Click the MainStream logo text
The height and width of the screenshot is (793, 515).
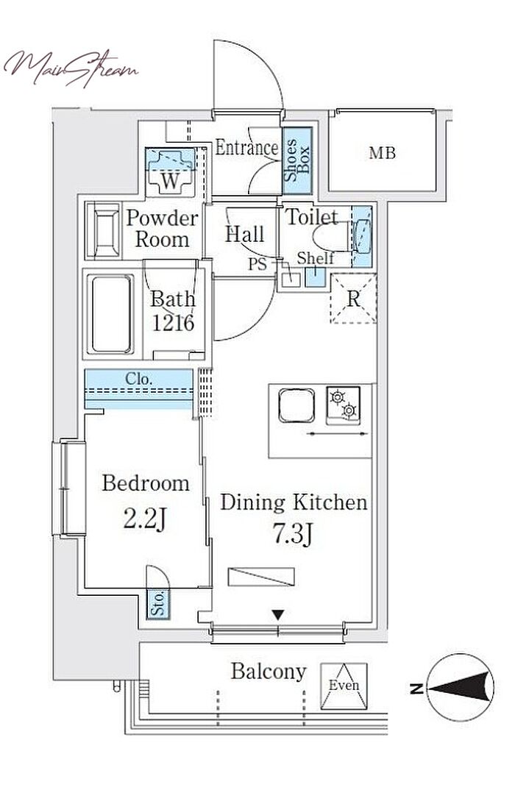(x=71, y=68)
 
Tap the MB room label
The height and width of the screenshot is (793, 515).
(x=382, y=152)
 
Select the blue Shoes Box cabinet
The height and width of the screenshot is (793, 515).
(x=297, y=160)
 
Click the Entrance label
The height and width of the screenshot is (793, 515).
(x=246, y=148)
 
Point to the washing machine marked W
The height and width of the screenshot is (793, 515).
(x=171, y=172)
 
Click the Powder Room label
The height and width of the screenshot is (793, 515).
(x=162, y=229)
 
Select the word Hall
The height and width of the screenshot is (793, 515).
(x=245, y=234)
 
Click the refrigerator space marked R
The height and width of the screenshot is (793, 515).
(x=354, y=299)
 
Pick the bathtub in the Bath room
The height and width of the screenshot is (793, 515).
(x=110, y=314)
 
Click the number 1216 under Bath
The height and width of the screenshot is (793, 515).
(x=173, y=322)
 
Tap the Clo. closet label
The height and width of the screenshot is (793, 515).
(x=138, y=379)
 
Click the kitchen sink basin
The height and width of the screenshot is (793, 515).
(x=296, y=405)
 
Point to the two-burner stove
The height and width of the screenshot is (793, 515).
(x=344, y=405)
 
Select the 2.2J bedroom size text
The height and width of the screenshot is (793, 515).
(x=145, y=519)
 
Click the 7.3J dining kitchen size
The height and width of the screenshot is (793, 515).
(x=293, y=535)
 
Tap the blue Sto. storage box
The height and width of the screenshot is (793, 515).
(x=158, y=604)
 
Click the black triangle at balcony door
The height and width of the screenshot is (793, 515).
(x=278, y=616)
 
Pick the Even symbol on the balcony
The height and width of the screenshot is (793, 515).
(x=344, y=686)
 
